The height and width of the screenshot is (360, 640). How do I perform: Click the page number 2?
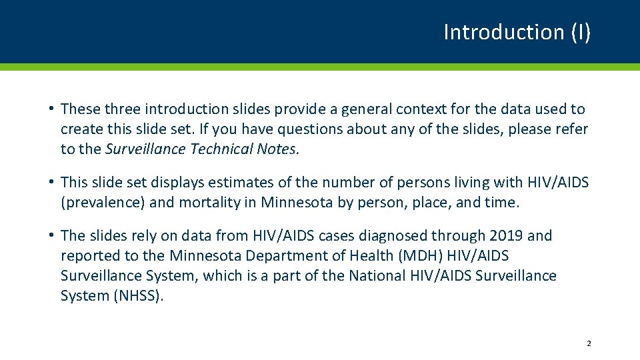tap(588, 343)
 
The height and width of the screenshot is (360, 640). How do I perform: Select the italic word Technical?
tap(221, 149)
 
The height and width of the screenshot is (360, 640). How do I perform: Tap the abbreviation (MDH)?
tap(414, 255)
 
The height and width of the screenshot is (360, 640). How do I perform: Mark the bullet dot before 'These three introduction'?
tap(51, 109)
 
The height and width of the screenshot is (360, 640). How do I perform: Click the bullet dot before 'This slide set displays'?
tap(51, 182)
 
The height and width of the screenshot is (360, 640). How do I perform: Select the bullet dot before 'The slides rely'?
tap(51, 235)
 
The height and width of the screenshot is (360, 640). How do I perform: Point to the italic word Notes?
tap(277, 149)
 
